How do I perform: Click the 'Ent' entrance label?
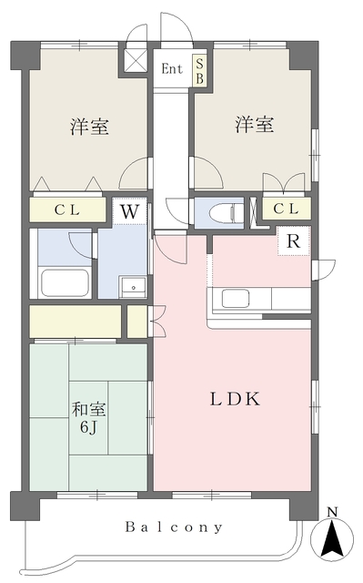pos(171,68)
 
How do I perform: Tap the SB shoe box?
pos(198,71)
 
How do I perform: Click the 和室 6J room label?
pos(88,418)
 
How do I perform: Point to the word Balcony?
pos(175,527)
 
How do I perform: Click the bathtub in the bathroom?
pos(64,282)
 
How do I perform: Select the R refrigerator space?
pos(293,242)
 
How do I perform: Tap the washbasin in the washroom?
pos(133,285)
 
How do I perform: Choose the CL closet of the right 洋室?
pos(285,210)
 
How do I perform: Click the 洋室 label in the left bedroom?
pos(90,127)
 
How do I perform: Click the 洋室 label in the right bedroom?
pos(254,125)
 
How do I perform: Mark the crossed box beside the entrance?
pos(136,61)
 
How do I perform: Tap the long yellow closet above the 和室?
pos(76,321)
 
